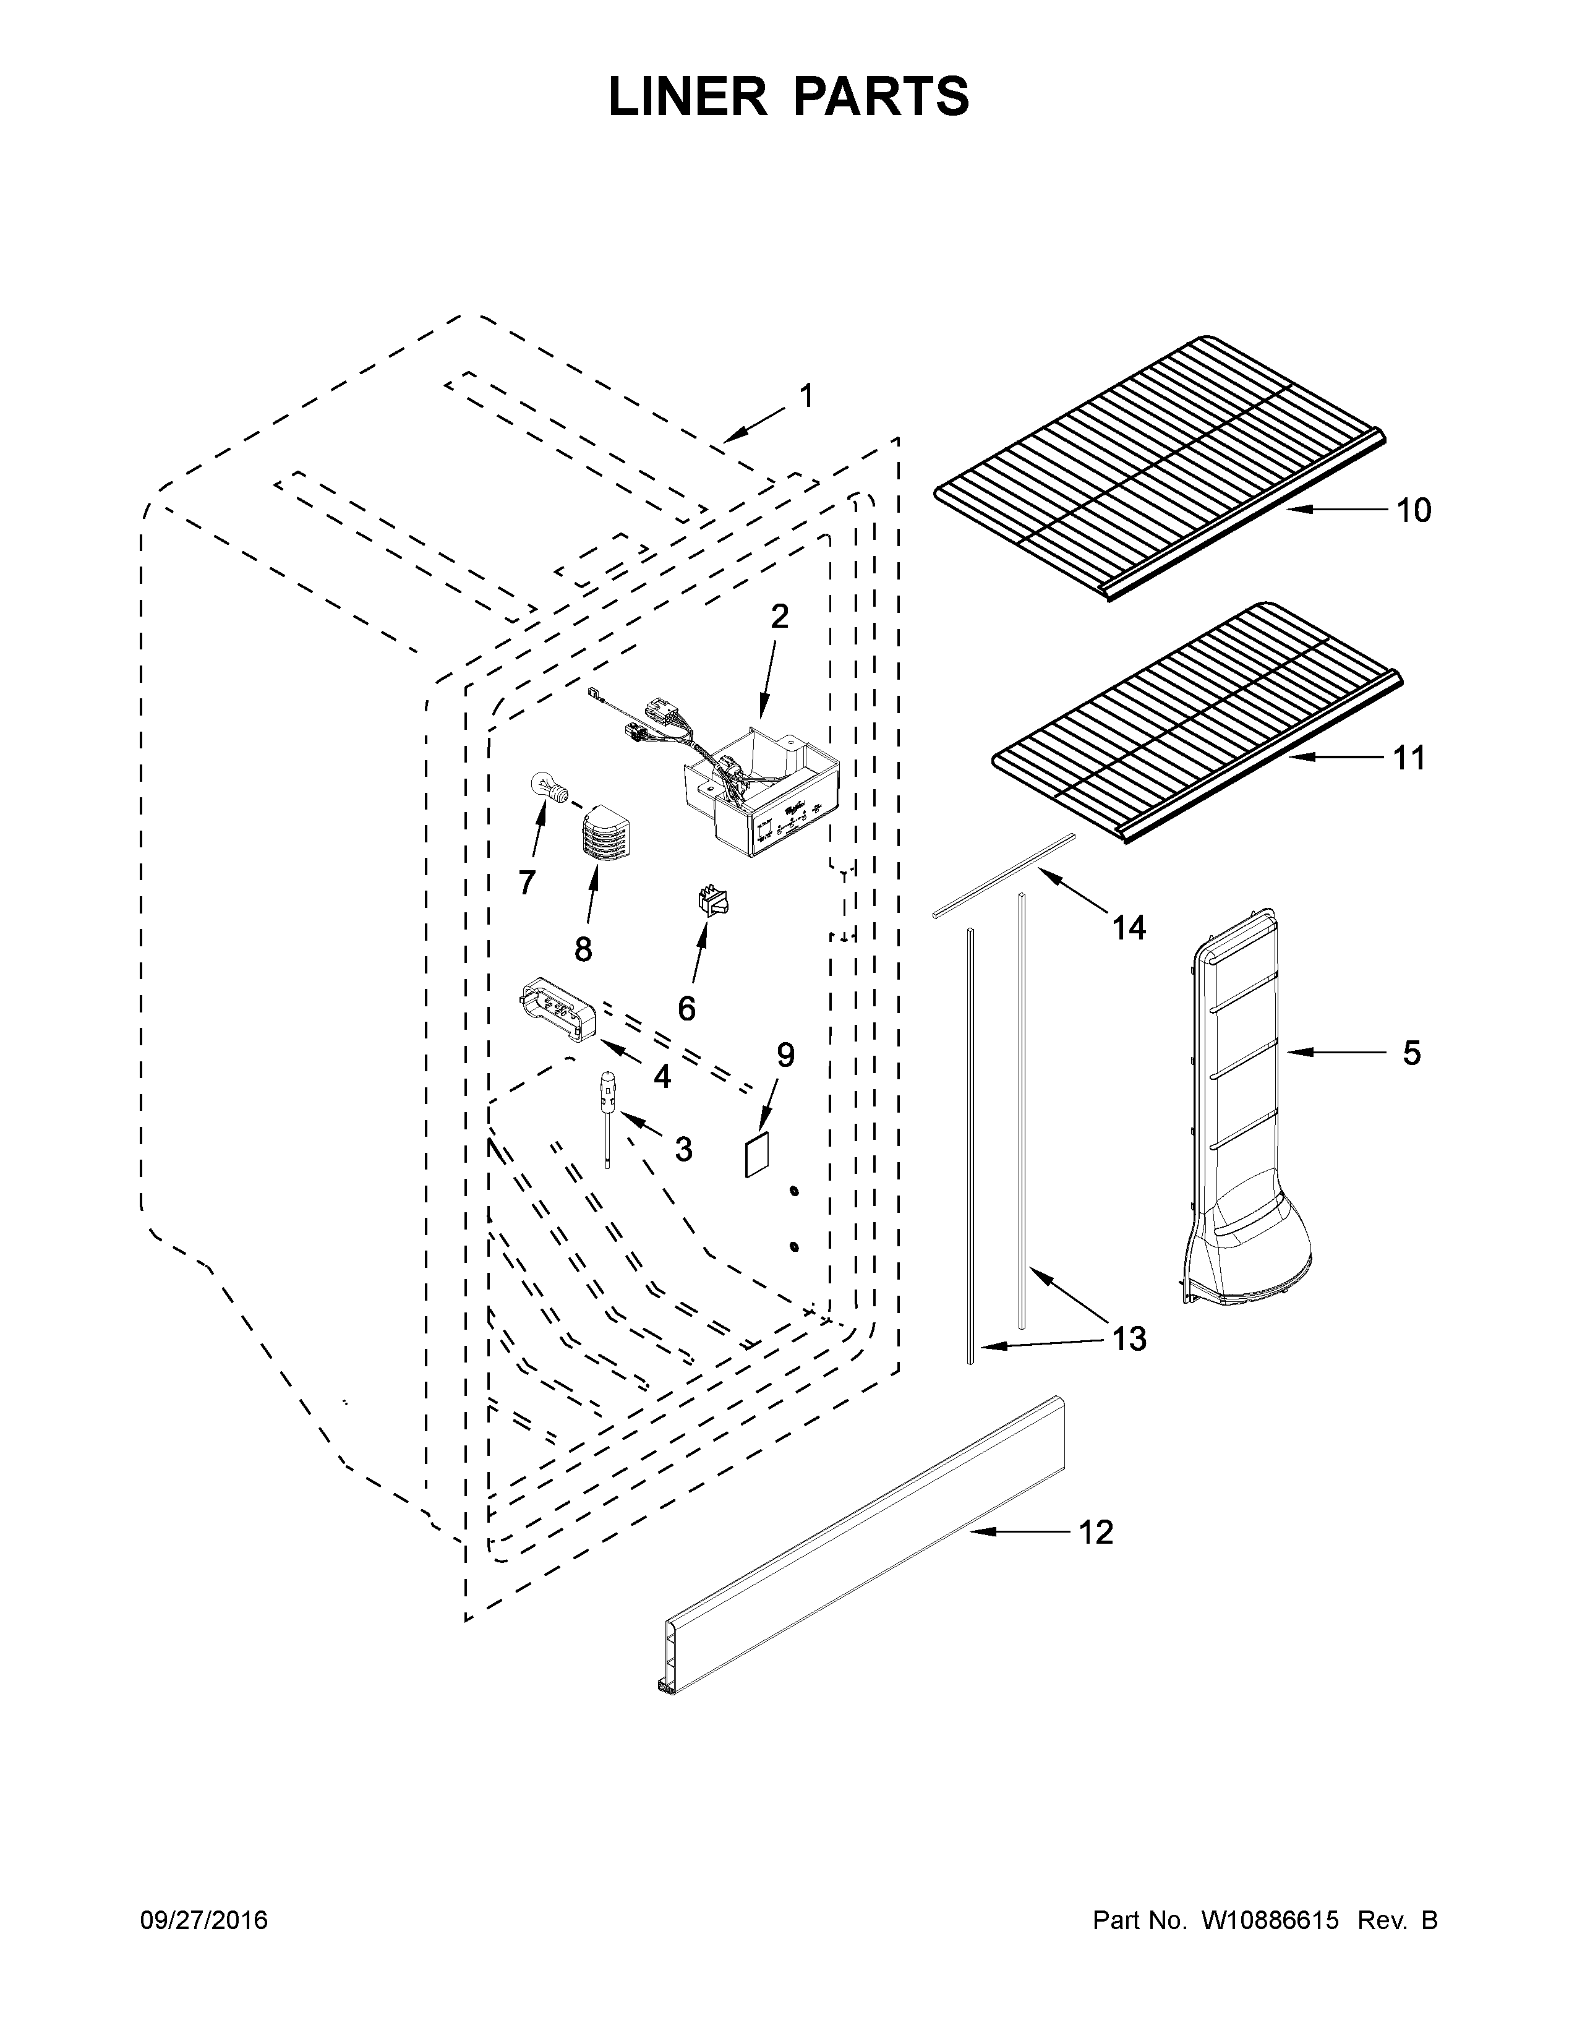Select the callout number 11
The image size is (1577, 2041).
[x=1409, y=758]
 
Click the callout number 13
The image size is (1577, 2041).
[x=1129, y=1339]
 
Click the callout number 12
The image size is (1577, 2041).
[x=1096, y=1533]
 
